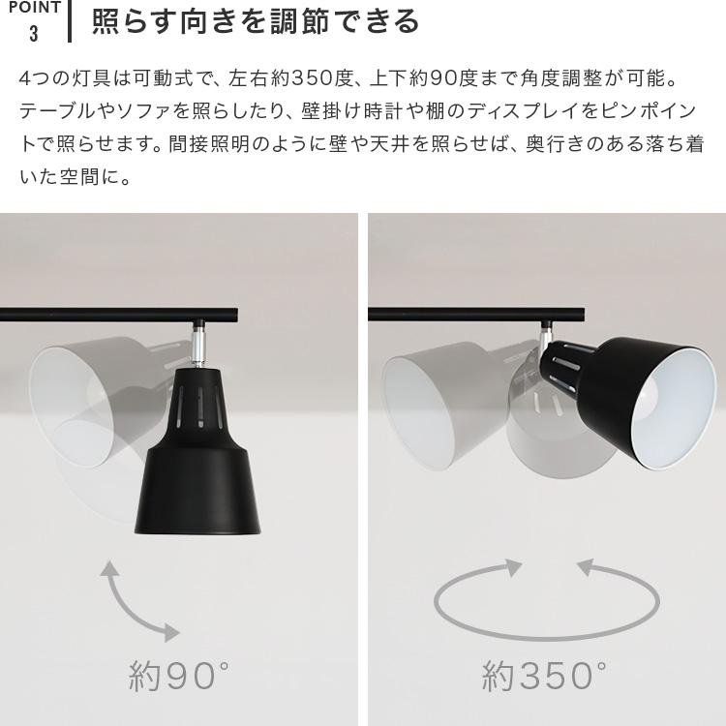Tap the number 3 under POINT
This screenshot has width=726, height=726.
[34, 34]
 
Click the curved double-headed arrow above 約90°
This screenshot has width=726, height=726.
[137, 602]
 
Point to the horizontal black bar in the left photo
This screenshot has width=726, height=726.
[116, 314]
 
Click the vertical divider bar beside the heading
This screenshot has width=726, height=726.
[71, 21]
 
